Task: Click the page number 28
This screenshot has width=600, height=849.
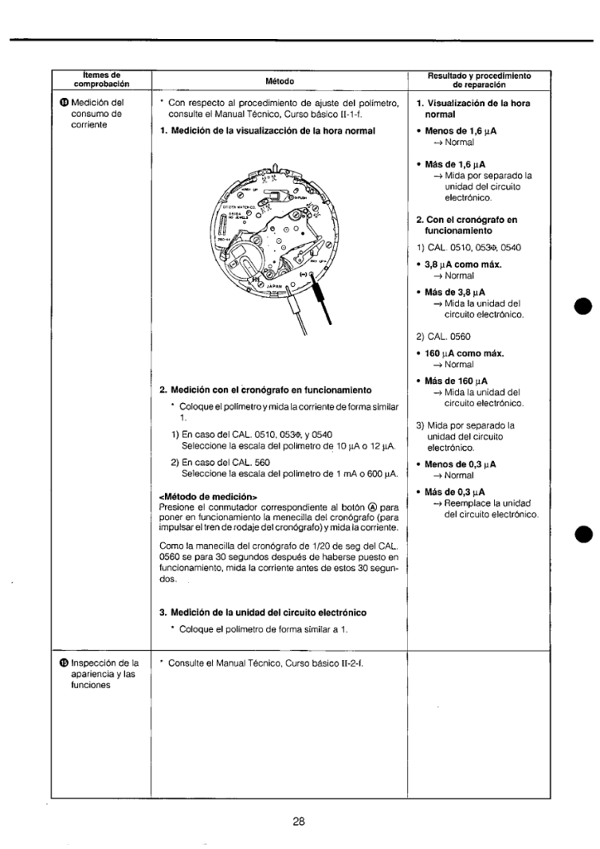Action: pyautogui.click(x=299, y=822)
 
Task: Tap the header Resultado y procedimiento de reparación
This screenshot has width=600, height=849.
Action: pyautogui.click(x=479, y=80)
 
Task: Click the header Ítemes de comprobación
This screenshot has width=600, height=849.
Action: pyautogui.click(x=104, y=80)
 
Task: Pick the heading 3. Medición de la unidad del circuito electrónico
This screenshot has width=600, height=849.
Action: pyautogui.click(x=263, y=612)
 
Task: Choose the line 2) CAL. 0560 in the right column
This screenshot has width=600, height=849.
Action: pyautogui.click(x=440, y=337)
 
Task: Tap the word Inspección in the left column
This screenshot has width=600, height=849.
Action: pyautogui.click(x=95, y=663)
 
